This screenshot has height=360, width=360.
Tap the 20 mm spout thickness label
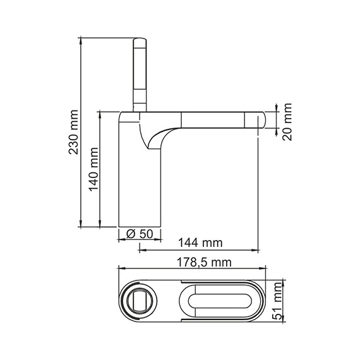[x=288, y=121]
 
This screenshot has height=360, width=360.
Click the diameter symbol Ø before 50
[x=131, y=234]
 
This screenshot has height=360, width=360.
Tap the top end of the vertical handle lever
[x=140, y=40]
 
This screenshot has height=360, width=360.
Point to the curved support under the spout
[x=158, y=136]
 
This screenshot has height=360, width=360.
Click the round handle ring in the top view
[x=140, y=299]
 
